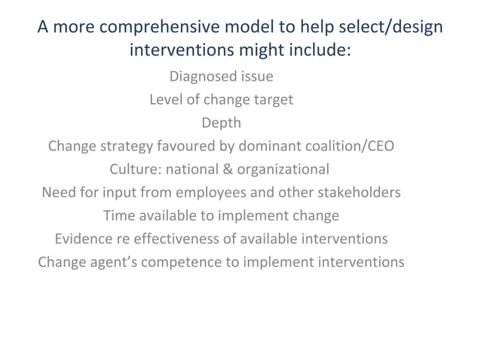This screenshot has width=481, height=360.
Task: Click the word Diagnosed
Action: pos(199,77)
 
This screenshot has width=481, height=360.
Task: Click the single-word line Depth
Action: pos(221,123)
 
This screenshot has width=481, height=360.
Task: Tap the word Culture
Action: pos(134,169)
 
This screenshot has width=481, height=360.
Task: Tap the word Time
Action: pos(119,215)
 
